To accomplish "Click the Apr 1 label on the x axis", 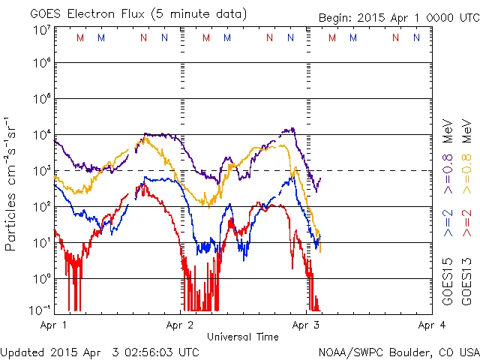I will click(55, 325).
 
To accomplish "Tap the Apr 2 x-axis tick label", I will click(180, 325).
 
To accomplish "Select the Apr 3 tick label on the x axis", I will click(305, 325).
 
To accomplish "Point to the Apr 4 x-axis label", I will click(430, 325).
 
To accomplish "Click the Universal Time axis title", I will click(242, 337).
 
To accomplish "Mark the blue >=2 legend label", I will click(448, 224).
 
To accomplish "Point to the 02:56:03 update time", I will click(155, 352).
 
